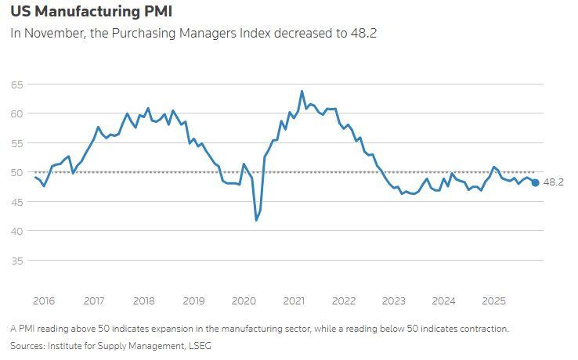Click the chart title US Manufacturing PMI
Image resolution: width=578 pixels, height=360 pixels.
[92, 12]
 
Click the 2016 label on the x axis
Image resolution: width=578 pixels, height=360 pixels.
[44, 301]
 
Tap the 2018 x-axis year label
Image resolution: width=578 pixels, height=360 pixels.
[143, 301]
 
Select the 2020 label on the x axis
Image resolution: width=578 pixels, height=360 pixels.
[244, 301]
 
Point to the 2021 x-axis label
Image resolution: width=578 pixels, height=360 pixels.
[294, 301]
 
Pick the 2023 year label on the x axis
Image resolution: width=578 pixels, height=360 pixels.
[394, 301]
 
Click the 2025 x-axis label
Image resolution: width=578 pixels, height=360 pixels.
[493, 301]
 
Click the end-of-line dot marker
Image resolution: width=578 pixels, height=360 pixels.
[535, 182]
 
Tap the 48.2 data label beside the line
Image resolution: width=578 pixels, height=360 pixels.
[553, 182]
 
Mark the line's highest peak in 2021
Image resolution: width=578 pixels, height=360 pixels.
[302, 92]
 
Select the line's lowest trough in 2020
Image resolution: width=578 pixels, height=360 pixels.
[256, 220]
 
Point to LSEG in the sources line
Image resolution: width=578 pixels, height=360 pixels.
[197, 345]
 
